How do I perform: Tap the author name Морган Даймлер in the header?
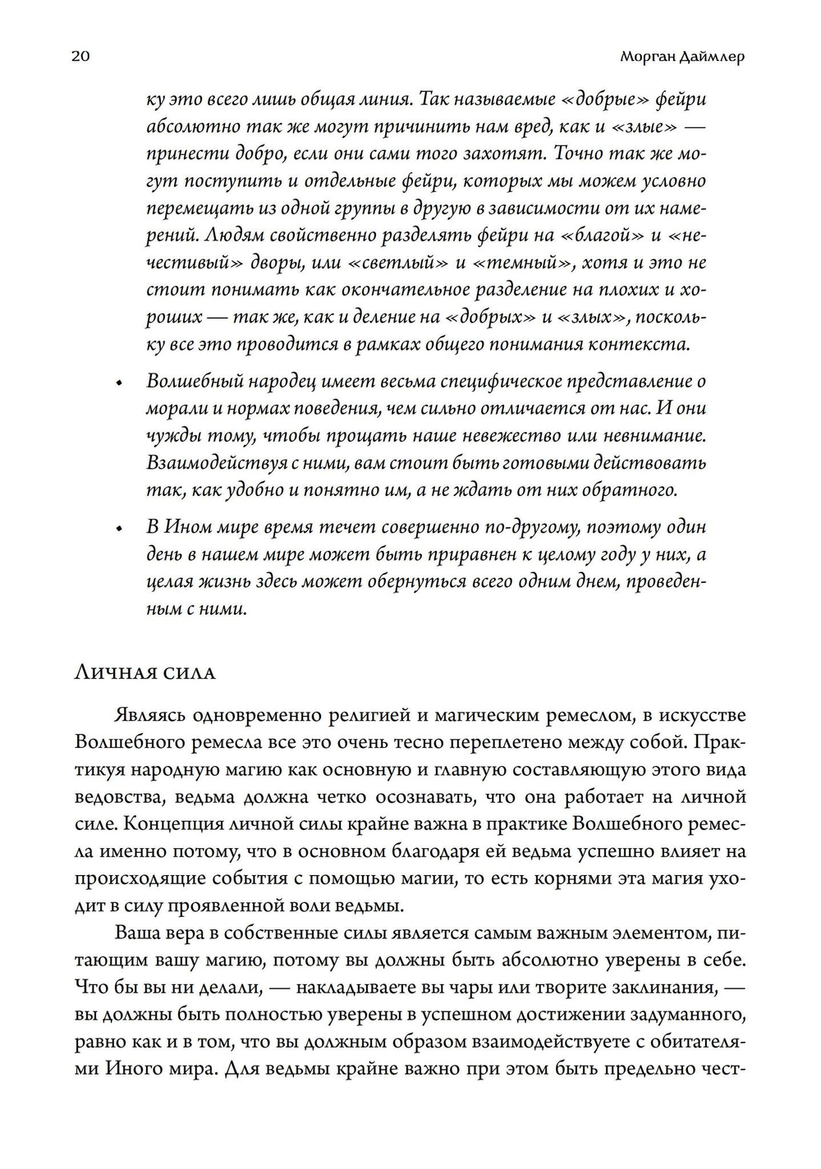pos(681,57)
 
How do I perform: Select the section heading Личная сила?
pos(144,672)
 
